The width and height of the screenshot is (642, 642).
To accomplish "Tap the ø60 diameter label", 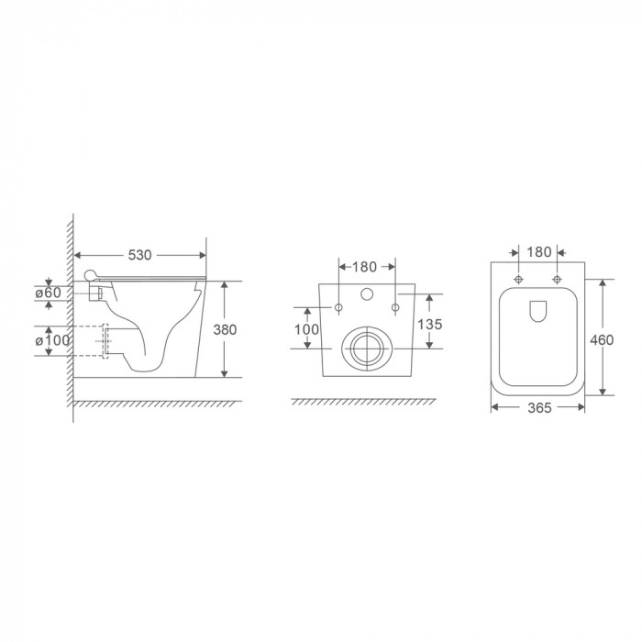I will click(47, 293).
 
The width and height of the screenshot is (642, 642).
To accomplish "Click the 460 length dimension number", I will click(602, 339).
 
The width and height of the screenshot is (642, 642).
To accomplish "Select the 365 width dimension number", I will click(537, 409).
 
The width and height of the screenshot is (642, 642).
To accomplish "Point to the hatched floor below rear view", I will click(367, 403).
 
